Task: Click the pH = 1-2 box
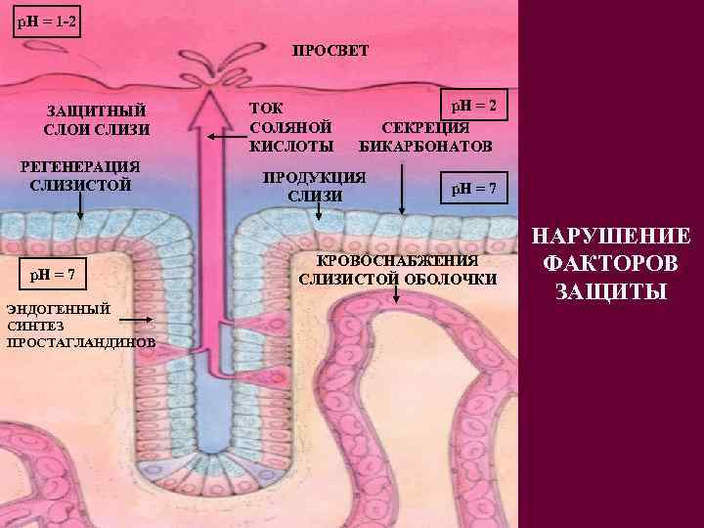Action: (42, 20)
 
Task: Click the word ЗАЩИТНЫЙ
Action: (97, 110)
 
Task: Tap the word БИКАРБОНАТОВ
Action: (426, 147)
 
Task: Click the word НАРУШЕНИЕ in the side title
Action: (611, 237)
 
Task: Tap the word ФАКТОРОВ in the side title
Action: (611, 264)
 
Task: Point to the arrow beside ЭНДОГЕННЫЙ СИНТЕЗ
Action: (136, 318)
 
